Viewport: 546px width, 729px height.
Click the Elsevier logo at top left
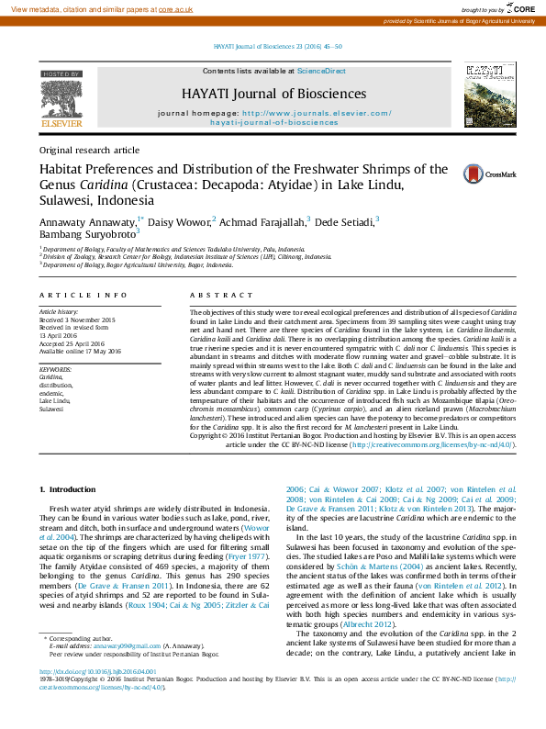click(62, 100)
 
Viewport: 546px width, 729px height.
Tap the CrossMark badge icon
click(502, 173)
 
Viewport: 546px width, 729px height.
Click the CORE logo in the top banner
click(518, 7)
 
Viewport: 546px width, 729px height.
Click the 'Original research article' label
click(89, 150)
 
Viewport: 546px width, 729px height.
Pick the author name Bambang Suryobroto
click(87, 234)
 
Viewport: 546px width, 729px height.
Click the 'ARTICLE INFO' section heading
click(84, 295)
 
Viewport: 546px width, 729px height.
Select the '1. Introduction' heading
click(72, 491)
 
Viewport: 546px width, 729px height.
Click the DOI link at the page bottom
click(97, 671)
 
